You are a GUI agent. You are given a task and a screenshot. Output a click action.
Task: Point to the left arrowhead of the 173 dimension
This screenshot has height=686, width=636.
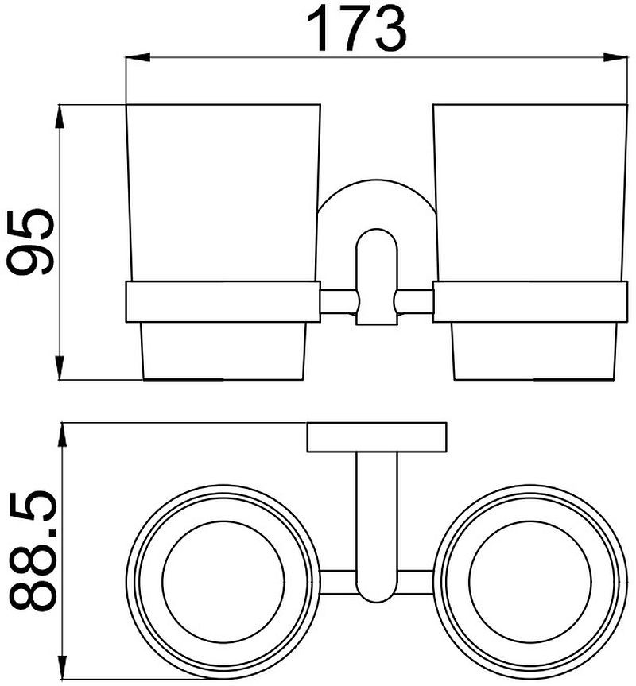pyautogui.click(x=138, y=57)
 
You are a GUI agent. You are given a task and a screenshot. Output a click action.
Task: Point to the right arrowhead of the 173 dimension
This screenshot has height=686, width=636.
pyautogui.click(x=615, y=57)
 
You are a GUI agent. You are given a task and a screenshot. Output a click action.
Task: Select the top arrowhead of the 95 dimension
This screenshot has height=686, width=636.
pyautogui.click(x=60, y=116)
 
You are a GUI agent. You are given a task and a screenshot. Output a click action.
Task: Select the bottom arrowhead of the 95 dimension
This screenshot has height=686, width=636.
pyautogui.click(x=60, y=368)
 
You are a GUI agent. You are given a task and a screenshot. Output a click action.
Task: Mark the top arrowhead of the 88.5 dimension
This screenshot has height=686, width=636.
pyautogui.click(x=64, y=435)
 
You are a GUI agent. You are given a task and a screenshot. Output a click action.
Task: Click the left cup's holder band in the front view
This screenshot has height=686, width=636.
pyautogui.click(x=223, y=302)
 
